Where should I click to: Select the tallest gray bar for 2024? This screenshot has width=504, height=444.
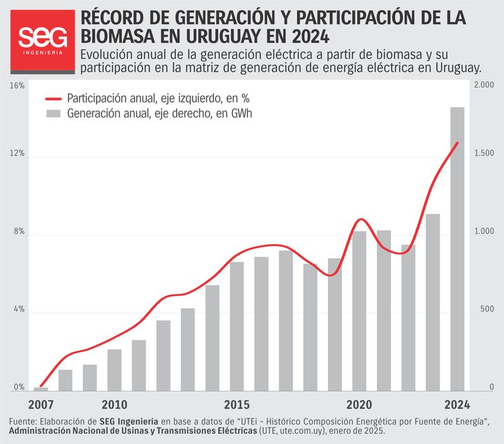point(457,249)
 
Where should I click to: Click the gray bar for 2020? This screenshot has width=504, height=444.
point(359,311)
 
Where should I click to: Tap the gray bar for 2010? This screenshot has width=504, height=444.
point(115,370)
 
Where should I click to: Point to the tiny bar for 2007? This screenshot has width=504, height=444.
point(41,389)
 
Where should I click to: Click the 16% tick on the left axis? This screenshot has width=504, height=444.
point(17,86)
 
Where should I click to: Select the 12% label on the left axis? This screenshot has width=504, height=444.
point(17,154)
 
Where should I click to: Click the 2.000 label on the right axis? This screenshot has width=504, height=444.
point(482,85)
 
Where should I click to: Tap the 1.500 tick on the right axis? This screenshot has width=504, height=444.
point(482,154)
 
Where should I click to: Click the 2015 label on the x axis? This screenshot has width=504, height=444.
point(237,404)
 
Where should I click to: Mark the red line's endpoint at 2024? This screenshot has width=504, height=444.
point(457,143)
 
